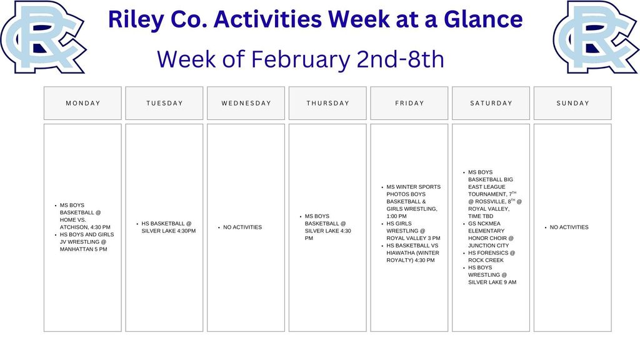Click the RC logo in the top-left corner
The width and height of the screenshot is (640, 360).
tap(43, 37)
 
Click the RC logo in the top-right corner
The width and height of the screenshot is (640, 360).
tap(596, 37)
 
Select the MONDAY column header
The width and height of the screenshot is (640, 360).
tap(83, 103)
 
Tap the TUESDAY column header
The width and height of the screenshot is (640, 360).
tap(164, 103)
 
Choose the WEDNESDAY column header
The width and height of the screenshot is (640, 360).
tap(246, 103)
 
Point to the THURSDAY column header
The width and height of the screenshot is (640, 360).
tap(327, 103)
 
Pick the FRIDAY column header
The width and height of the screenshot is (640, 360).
tap(409, 103)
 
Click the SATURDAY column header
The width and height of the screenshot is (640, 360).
tap(491, 103)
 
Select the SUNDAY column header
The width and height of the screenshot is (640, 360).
tap(572, 103)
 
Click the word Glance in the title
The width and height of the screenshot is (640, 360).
tap(483, 19)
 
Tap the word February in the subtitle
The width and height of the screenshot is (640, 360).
tap(301, 60)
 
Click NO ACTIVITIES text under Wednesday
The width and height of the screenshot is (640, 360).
tap(242, 227)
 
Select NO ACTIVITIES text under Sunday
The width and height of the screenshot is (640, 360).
tap(569, 227)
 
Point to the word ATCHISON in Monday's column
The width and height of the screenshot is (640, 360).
tap(74, 227)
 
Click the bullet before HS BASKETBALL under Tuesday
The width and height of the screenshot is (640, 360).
tap(137, 224)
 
